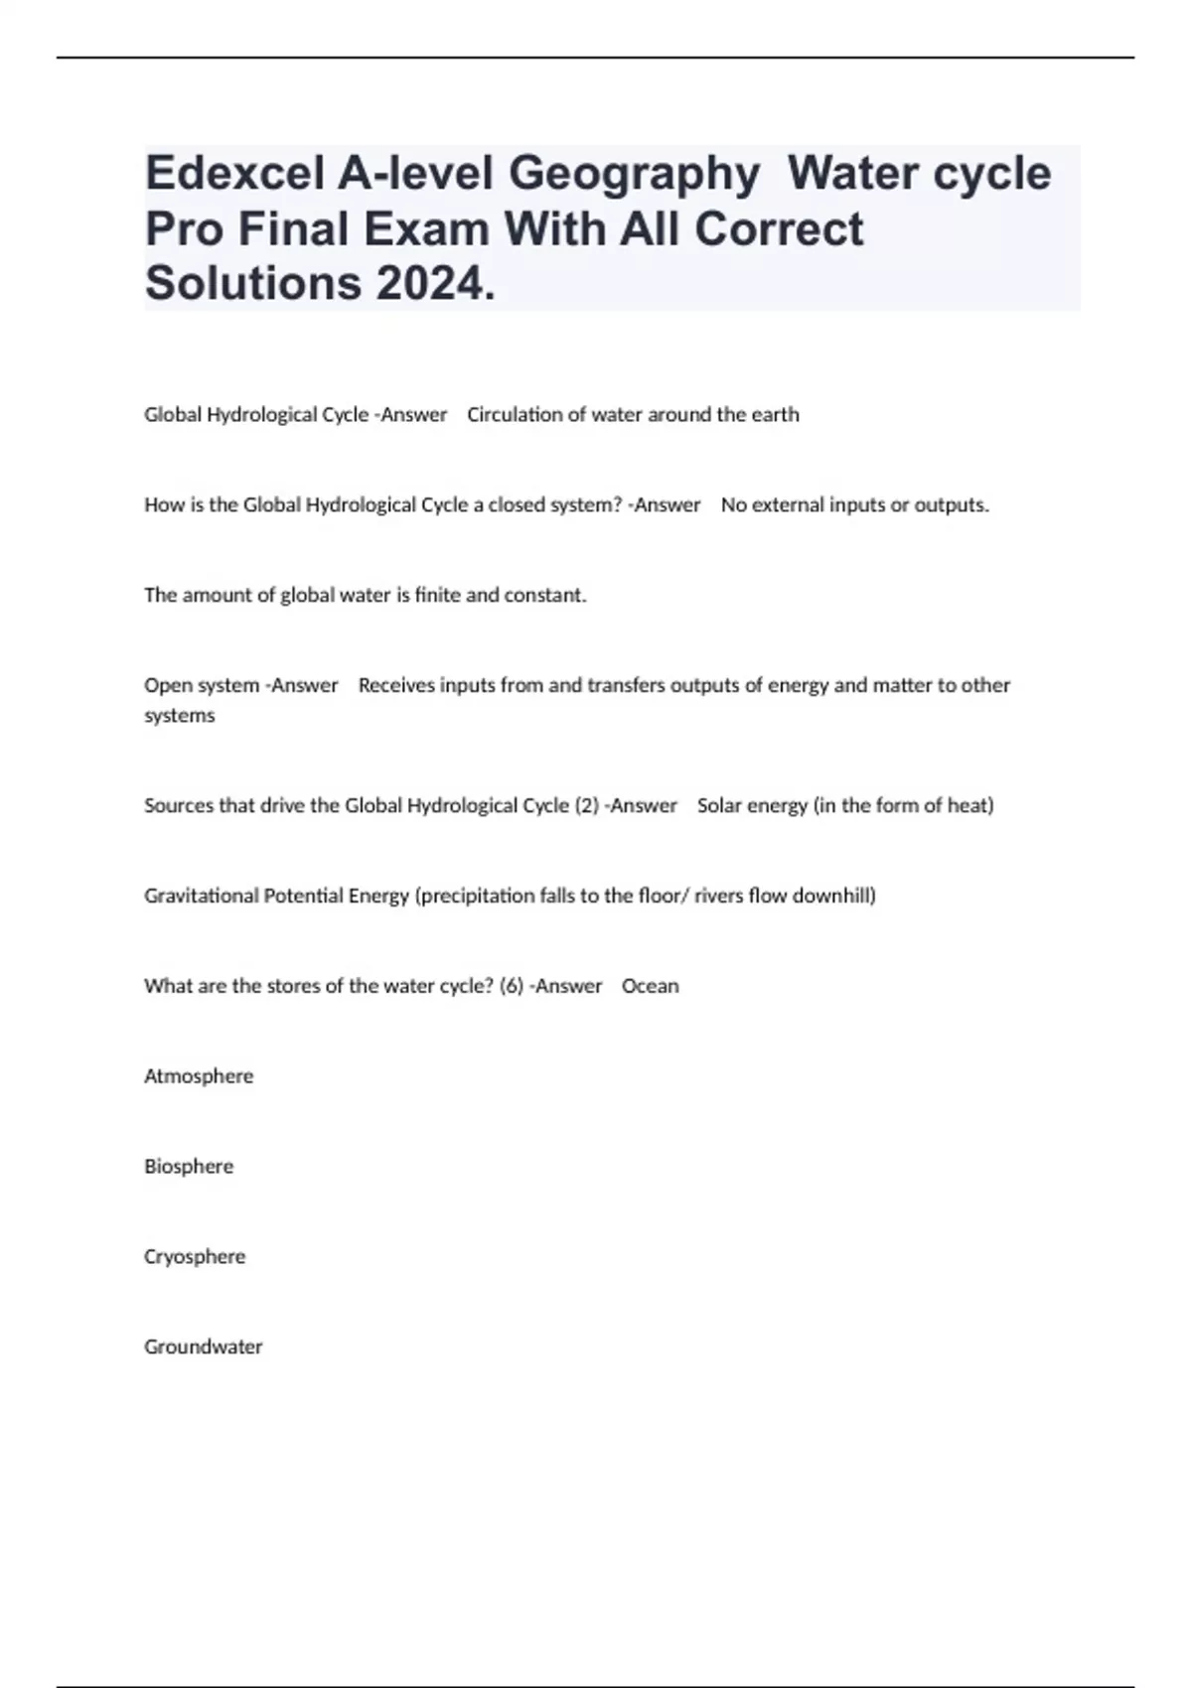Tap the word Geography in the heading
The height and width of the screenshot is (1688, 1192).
[635, 174]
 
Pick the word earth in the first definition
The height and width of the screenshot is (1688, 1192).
[775, 415]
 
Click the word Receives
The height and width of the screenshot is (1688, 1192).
[396, 685]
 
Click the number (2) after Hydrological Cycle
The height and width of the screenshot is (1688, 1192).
[586, 805]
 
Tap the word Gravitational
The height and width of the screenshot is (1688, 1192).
[202, 896]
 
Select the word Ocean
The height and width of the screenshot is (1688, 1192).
[651, 986]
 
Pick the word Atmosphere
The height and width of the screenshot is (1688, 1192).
[199, 1076]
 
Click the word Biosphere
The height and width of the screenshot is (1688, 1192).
[189, 1167]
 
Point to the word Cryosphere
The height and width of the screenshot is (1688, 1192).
[195, 1257]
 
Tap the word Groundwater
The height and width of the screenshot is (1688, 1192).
[204, 1347]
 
